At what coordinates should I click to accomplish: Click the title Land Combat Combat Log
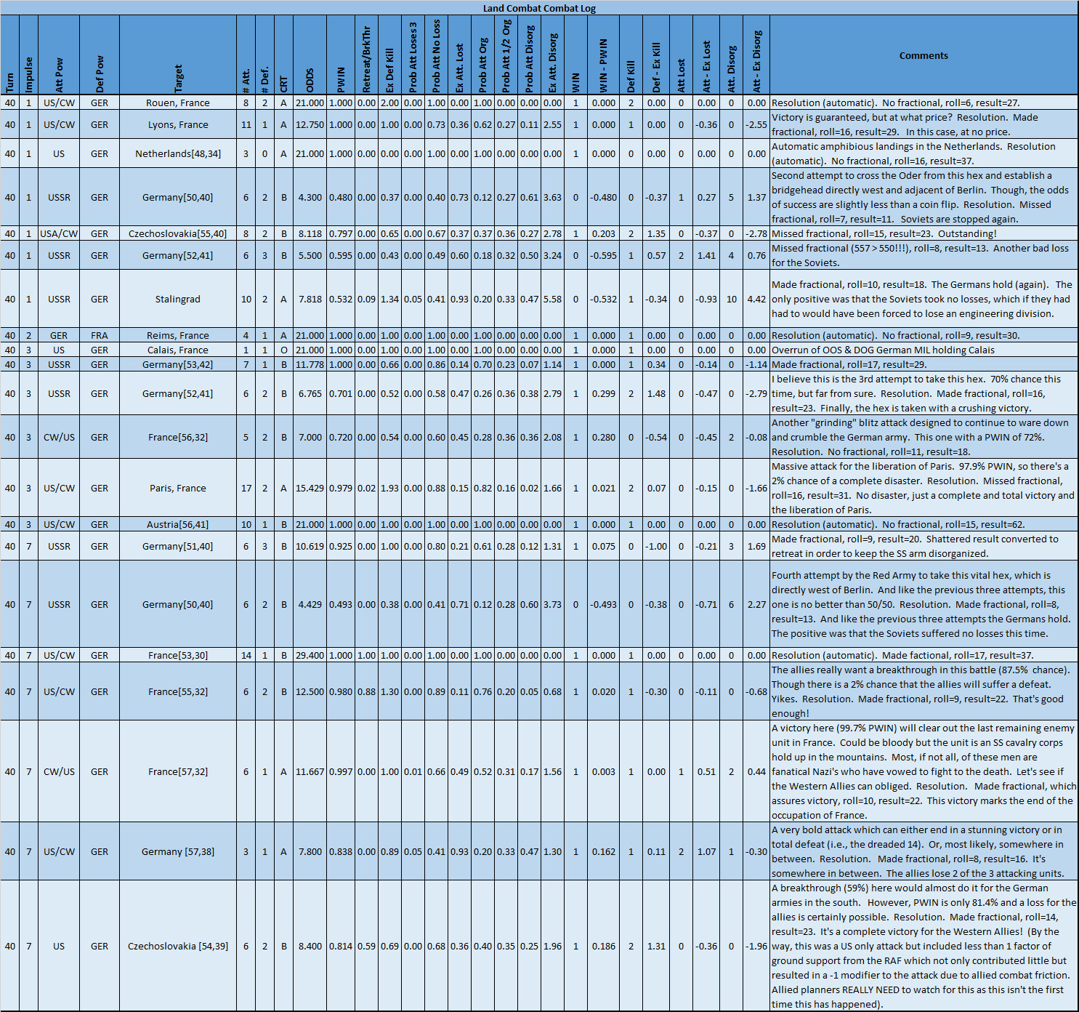[539, 8]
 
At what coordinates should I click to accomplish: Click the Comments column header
[923, 55]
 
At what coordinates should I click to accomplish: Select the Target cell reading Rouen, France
[178, 103]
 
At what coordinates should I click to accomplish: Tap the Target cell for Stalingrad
[178, 299]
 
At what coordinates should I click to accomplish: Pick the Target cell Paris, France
[178, 488]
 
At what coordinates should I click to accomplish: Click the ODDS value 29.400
[310, 655]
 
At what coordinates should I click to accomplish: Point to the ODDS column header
[310, 80]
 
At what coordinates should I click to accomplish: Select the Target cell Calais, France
[178, 350]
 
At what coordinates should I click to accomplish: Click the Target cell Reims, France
[178, 335]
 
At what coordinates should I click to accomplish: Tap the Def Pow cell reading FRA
[100, 335]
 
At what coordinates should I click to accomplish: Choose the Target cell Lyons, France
[178, 124]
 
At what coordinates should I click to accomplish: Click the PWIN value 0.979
[341, 488]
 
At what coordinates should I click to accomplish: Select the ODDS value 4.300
[310, 197]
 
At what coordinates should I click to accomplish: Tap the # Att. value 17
[246, 488]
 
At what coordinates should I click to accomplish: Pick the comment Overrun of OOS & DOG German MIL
[883, 350]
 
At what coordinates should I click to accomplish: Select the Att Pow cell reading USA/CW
[59, 233]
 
